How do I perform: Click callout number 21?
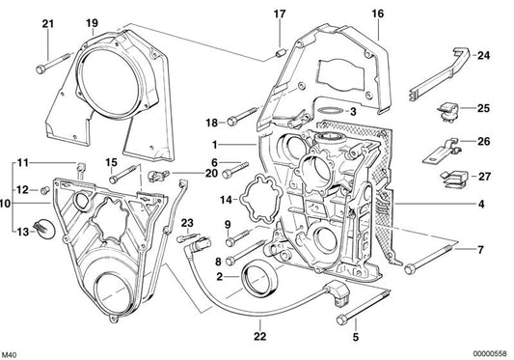pyautogui.click(x=46, y=23)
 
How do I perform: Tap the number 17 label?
pyautogui.click(x=280, y=14)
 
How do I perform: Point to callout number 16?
pyautogui.click(x=377, y=14)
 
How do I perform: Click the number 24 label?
pyautogui.click(x=483, y=55)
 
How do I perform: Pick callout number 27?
pyautogui.click(x=483, y=177)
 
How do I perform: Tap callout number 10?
pyautogui.click(x=6, y=204)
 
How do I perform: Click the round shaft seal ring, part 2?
pyautogui.click(x=261, y=281)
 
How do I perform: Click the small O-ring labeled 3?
pyautogui.click(x=332, y=113)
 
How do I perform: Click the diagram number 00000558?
pyautogui.click(x=480, y=349)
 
